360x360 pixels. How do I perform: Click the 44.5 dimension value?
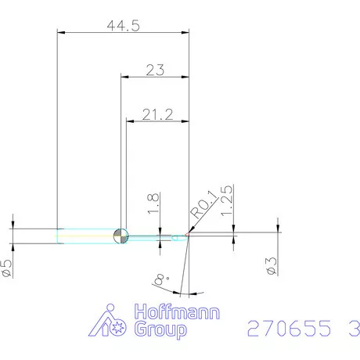point(123,25)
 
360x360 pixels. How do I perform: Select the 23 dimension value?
point(155,70)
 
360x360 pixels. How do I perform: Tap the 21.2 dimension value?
point(158,115)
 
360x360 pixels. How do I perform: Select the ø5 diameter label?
point(6,266)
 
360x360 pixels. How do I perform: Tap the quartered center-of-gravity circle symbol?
point(121,236)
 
